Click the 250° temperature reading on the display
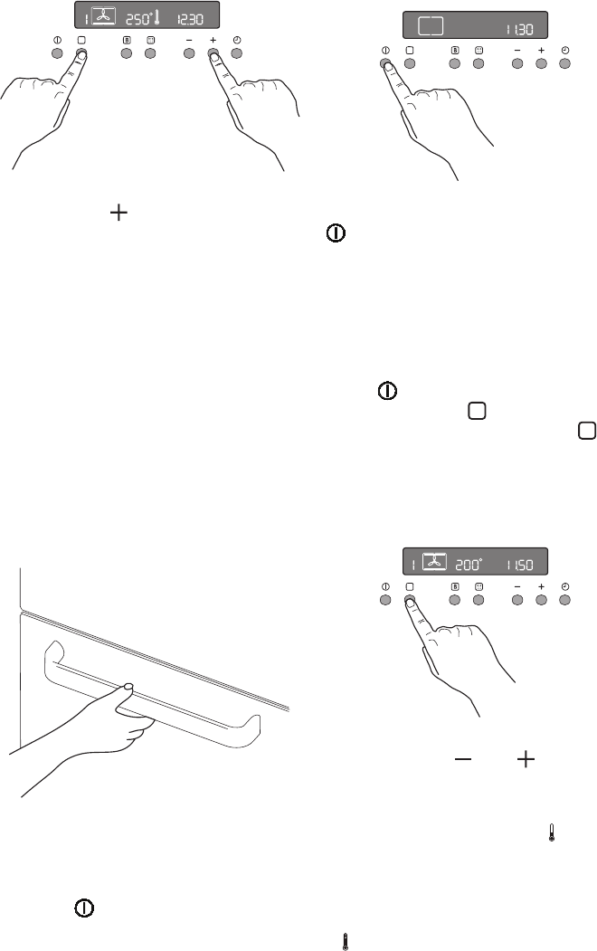(138, 19)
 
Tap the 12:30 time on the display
(190, 20)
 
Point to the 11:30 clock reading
(519, 29)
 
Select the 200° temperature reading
(468, 565)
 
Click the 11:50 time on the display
(519, 566)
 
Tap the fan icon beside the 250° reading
(103, 16)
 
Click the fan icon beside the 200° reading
(434, 562)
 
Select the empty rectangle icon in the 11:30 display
(431, 26)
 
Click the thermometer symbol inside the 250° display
(156, 17)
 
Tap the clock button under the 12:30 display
(237, 53)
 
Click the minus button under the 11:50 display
(517, 600)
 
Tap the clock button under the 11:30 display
(564, 63)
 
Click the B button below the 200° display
(455, 600)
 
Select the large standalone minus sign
(463, 759)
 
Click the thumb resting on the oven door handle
(128, 687)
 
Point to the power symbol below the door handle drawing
(84, 908)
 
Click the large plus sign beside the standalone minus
(526, 759)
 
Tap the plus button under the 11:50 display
(541, 600)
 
